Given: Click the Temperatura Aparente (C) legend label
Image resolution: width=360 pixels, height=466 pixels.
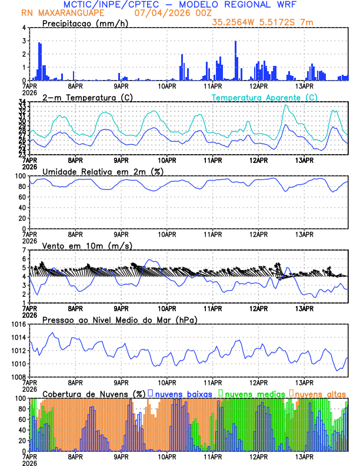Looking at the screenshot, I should click(265, 97).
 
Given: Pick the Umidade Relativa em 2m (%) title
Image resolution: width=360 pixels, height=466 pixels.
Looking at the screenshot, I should click(103, 171).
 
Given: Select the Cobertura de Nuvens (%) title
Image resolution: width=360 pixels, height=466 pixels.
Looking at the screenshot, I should click(94, 394).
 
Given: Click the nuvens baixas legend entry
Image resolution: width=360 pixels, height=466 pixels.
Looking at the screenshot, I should click(182, 394).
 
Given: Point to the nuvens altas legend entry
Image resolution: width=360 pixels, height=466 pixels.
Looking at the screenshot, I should click(321, 394).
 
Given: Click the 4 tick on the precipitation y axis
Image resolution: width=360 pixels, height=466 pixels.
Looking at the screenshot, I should click(24, 28).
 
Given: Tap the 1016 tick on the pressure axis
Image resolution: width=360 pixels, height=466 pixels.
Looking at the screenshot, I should click(19, 324).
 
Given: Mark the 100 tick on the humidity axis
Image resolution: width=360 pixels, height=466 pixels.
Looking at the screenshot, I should click(21, 176).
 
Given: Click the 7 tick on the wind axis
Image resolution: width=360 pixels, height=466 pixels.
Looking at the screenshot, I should click(24, 250).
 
